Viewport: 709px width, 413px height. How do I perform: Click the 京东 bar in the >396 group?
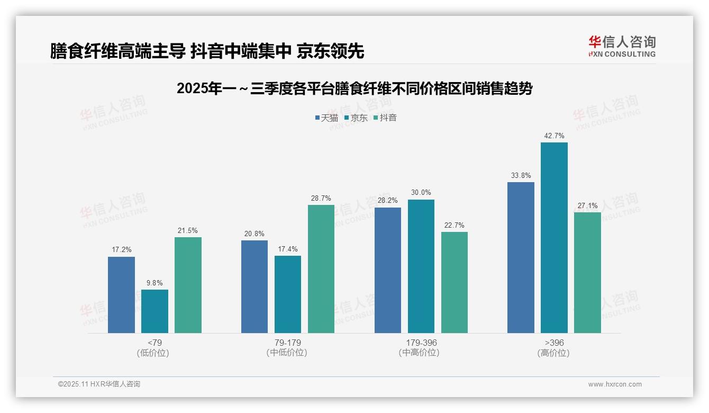554,238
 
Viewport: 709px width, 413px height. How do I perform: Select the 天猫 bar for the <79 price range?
121,295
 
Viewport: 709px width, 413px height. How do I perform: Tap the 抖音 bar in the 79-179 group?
321,269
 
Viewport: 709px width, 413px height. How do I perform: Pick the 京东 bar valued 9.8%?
154,311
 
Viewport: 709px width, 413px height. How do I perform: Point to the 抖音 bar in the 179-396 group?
455,282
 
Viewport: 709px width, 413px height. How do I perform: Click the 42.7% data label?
554,136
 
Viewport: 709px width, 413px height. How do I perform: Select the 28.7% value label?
321,199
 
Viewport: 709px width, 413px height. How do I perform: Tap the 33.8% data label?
521,176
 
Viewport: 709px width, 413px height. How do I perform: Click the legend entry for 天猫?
326,118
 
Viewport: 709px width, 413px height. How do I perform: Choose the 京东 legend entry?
356,118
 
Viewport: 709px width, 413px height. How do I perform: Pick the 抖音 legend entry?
385,118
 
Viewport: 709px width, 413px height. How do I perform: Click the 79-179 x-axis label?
288,343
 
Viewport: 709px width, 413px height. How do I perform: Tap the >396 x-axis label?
554,343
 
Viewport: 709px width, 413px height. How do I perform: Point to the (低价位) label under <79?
153,353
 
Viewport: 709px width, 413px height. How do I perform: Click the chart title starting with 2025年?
354,88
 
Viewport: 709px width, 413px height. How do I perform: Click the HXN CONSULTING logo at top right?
622,47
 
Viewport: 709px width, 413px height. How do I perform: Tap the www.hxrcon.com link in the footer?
615,384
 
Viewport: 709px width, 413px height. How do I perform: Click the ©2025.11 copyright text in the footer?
99,384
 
